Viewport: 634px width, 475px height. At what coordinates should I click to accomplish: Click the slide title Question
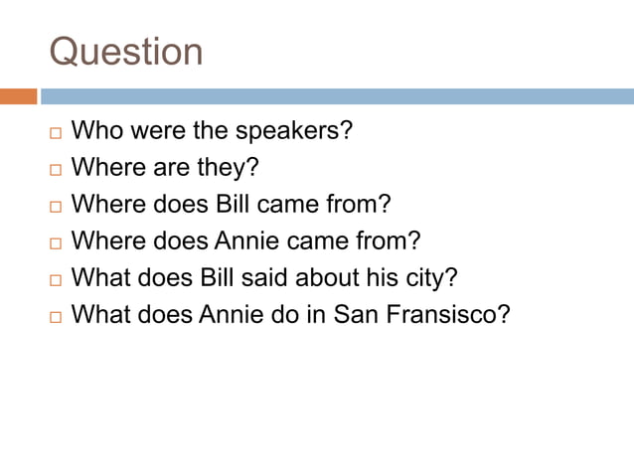[126, 52]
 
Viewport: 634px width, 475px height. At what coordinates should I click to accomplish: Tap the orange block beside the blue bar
[18, 96]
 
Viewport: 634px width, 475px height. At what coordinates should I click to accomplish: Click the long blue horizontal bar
[337, 96]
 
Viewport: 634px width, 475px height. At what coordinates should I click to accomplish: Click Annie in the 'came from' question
[248, 240]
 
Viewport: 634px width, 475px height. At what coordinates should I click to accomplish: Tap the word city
[433, 277]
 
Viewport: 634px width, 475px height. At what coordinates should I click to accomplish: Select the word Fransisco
[447, 314]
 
